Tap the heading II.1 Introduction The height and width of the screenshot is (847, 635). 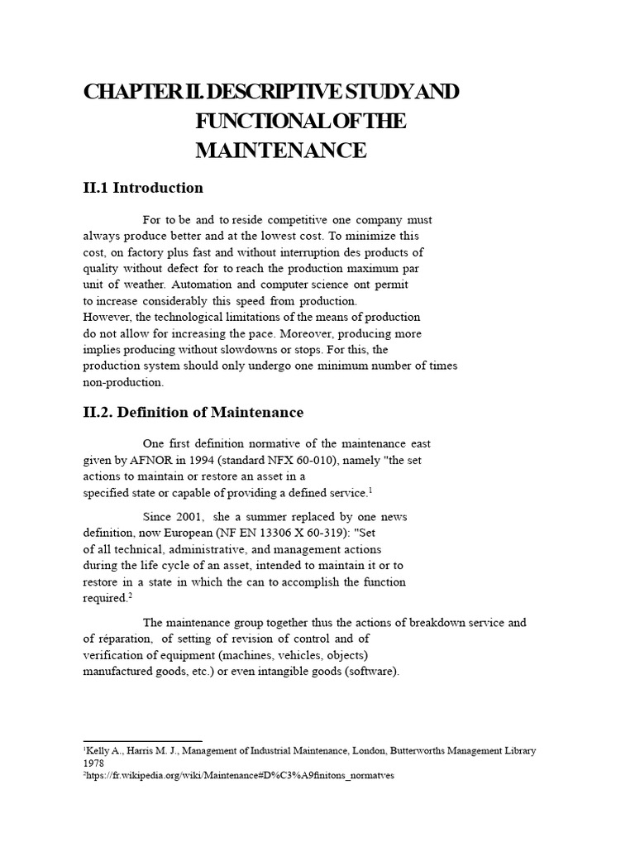(x=143, y=188)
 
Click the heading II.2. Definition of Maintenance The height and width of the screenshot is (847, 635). (x=193, y=412)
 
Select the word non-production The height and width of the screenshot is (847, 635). (x=124, y=382)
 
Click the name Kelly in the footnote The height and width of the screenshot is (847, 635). (x=99, y=751)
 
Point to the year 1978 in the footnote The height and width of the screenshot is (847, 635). (x=93, y=765)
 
